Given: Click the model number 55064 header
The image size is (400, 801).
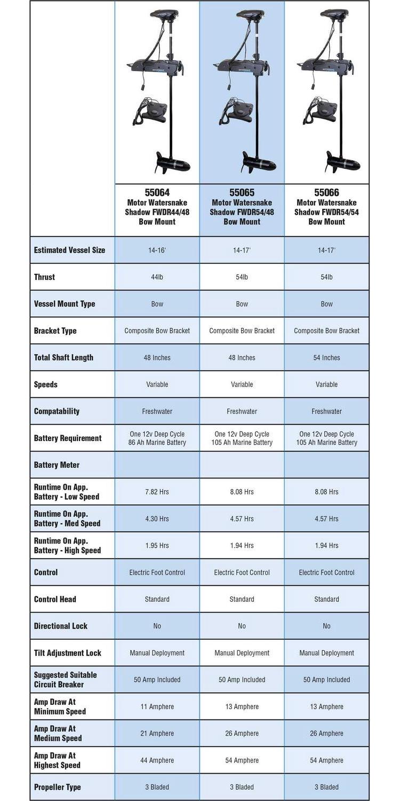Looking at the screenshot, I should (x=157, y=193).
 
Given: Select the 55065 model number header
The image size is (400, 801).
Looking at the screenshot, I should (x=242, y=193).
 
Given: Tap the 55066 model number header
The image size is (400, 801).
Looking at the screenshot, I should (x=326, y=193).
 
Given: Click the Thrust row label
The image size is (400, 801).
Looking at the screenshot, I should (x=44, y=277).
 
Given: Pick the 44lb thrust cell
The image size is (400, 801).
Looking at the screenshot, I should (x=157, y=277).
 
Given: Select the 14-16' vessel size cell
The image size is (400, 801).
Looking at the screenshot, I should (x=157, y=250).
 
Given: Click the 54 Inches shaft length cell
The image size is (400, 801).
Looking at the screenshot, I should (x=326, y=358).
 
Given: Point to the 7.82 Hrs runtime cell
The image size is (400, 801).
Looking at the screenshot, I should (x=157, y=492).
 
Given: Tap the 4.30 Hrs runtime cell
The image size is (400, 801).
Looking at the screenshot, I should (x=157, y=519).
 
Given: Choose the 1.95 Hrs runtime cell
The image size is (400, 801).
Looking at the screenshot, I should (x=157, y=545).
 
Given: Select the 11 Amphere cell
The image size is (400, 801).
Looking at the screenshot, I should (x=157, y=706).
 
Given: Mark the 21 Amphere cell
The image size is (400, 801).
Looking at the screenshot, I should (x=157, y=733).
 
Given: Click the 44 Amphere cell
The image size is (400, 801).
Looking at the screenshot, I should (x=157, y=760).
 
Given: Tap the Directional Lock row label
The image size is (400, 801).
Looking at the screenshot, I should (x=60, y=626).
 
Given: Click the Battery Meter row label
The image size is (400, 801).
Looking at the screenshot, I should (x=57, y=465).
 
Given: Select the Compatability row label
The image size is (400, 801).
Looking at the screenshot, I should (x=57, y=411).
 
